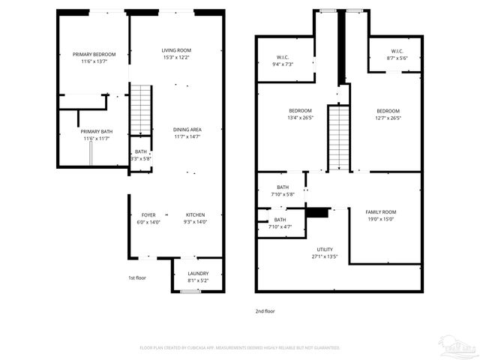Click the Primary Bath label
click(x=97, y=131)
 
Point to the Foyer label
click(x=148, y=215)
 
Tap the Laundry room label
click(x=198, y=273)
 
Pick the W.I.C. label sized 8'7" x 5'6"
click(x=396, y=52)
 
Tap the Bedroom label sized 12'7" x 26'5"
click(x=388, y=111)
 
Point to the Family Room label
click(x=381, y=212)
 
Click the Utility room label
click(x=325, y=250)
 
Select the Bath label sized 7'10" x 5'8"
click(x=282, y=187)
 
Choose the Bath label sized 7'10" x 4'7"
click(x=280, y=220)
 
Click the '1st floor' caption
click(x=136, y=277)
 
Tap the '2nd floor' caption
click(x=265, y=310)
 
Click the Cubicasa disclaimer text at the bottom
click(x=240, y=348)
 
